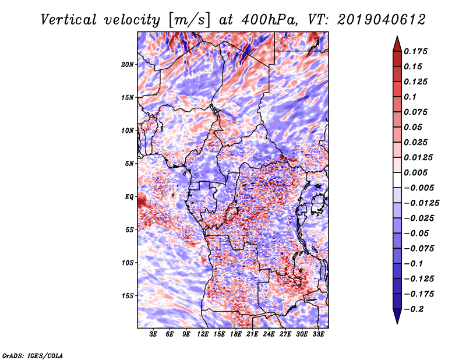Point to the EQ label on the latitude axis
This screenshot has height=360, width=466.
pos(130,196)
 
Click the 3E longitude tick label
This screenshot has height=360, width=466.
pos(154,334)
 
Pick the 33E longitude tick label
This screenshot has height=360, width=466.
pos(318,334)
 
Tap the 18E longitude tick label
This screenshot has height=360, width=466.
pos(236,334)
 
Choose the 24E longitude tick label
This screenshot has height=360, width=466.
pos(269,334)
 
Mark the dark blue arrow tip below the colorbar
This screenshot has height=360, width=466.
pos(397,318)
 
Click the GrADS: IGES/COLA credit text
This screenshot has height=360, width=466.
pos(33,355)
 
